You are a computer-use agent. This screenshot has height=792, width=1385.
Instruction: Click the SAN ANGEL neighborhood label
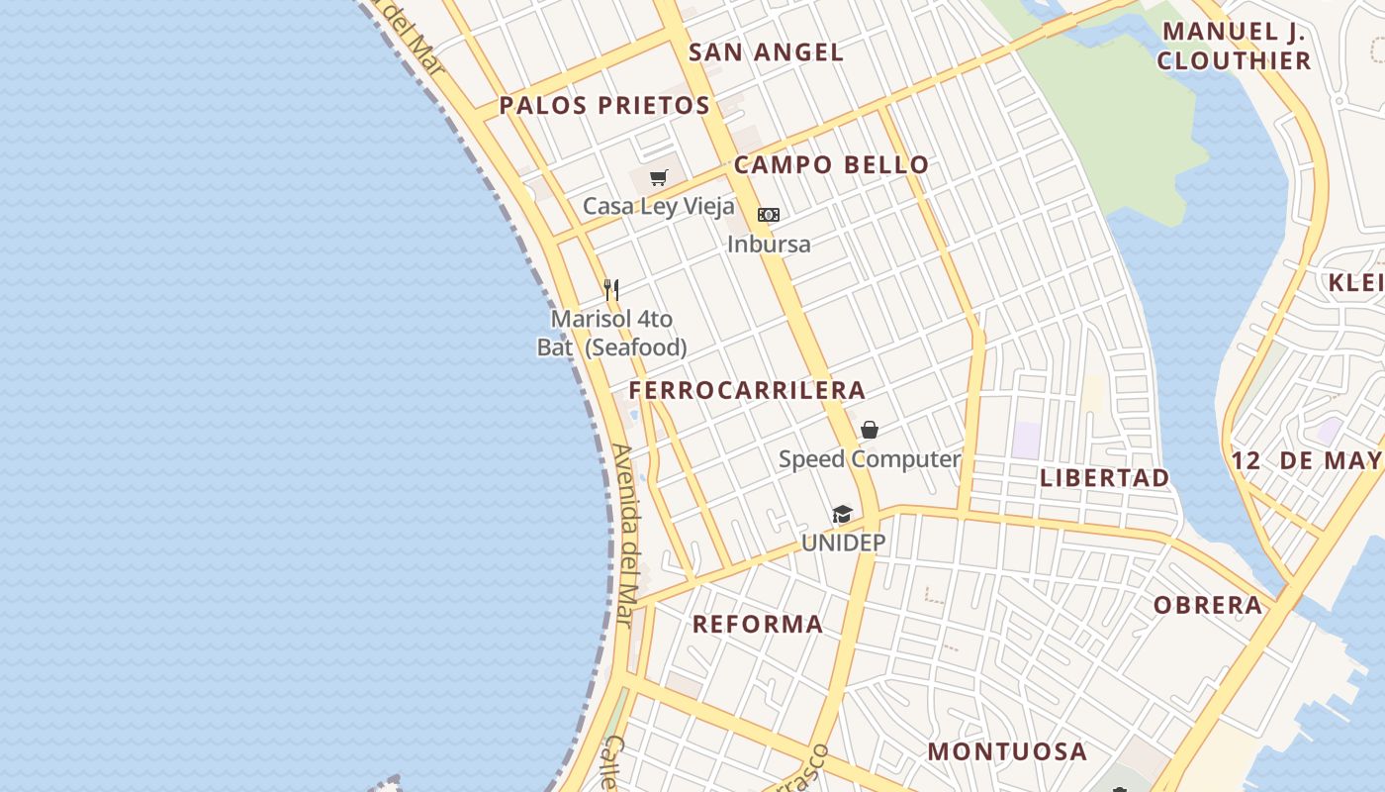click(x=766, y=52)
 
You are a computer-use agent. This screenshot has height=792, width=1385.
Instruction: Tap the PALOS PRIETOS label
click(x=604, y=105)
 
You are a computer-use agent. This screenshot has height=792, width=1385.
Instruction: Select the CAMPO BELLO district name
click(x=831, y=164)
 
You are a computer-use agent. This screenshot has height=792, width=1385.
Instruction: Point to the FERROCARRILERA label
click(x=747, y=390)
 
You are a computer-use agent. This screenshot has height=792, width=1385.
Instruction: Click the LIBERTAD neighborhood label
click(x=1104, y=477)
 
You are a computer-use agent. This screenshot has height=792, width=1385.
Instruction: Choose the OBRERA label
click(x=1208, y=605)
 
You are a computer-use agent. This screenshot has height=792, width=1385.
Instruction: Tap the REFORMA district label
click(x=757, y=624)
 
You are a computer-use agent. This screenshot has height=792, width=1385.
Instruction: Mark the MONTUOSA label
click(x=1007, y=751)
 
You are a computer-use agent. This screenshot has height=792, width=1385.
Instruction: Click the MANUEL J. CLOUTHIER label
click(x=1234, y=46)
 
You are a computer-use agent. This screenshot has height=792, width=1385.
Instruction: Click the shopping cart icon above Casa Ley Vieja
click(x=659, y=178)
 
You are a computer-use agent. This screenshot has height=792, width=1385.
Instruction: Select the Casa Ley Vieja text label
click(x=659, y=206)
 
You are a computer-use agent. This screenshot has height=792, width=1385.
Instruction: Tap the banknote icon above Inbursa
click(x=769, y=215)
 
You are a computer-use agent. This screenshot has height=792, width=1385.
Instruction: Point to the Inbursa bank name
click(x=769, y=244)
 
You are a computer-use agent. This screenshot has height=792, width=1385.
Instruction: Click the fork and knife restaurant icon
click(x=611, y=290)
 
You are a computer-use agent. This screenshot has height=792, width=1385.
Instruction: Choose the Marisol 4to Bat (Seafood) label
click(x=611, y=334)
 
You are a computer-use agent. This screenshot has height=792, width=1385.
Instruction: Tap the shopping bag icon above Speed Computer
click(x=870, y=430)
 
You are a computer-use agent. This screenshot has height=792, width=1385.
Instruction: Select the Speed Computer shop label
click(x=870, y=459)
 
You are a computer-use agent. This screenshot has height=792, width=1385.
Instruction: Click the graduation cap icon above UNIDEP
click(x=843, y=514)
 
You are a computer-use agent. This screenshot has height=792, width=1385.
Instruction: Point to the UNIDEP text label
click(x=843, y=543)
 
